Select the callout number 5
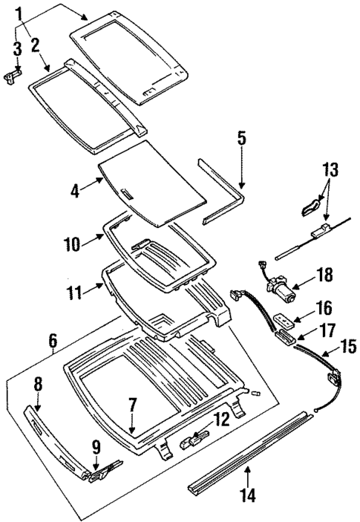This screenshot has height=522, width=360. (x=240, y=138)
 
